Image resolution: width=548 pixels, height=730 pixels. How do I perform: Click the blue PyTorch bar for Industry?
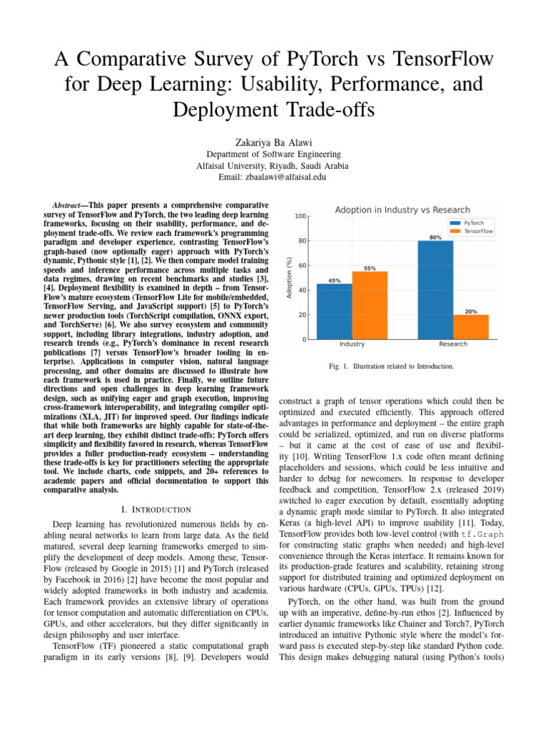tap(334, 312)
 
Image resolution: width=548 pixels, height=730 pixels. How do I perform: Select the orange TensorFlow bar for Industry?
tap(370, 305)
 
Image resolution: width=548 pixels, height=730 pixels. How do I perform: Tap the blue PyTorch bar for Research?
tap(435, 290)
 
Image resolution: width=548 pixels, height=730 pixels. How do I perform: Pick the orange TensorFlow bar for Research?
tap(471, 327)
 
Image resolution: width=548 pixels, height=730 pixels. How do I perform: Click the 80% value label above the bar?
tap(435, 237)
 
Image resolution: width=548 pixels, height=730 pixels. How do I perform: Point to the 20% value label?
tap(471, 311)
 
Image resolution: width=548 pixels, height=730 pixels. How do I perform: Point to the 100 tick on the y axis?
tap(302, 216)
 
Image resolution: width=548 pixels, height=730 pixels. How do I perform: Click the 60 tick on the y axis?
tap(303, 265)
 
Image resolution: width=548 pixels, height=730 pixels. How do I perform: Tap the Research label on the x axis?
tap(453, 344)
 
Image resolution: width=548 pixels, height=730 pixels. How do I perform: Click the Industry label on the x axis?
tap(352, 344)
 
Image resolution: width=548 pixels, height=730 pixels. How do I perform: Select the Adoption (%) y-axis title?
tap(288, 277)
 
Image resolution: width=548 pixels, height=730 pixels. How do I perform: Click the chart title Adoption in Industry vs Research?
tap(402, 210)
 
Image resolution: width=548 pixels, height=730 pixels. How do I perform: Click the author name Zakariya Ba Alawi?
tap(273, 142)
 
